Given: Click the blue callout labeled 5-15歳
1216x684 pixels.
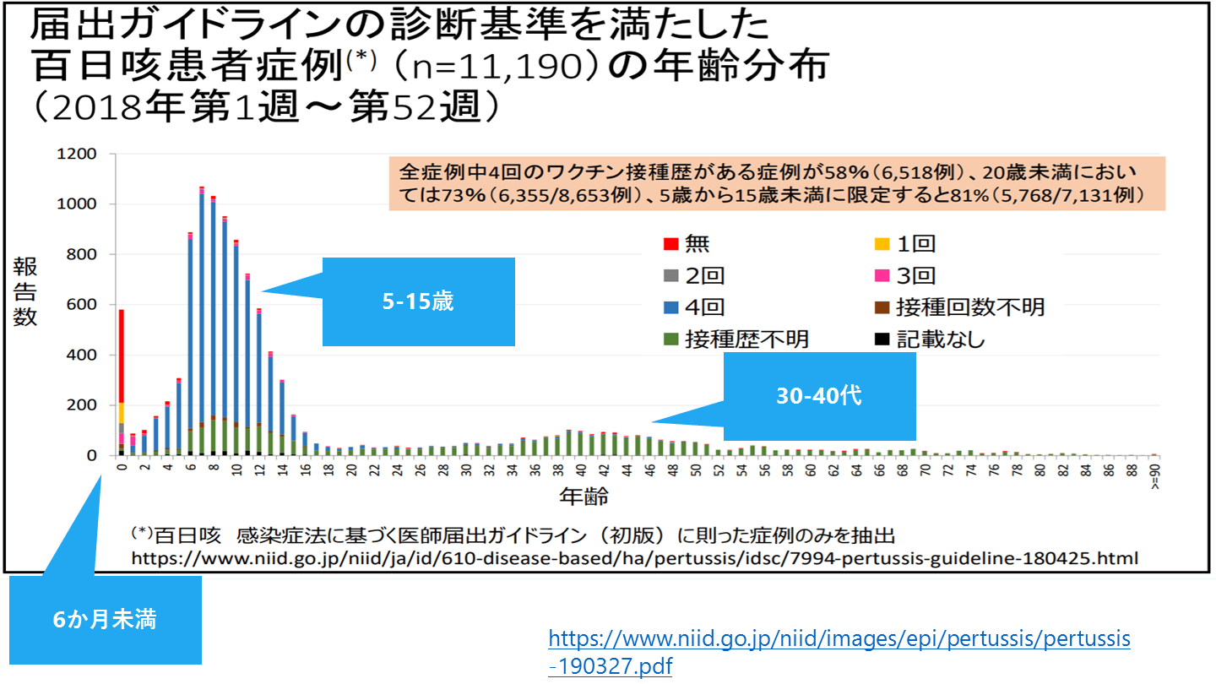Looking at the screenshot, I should (418, 301).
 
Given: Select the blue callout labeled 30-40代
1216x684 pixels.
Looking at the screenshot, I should (819, 396).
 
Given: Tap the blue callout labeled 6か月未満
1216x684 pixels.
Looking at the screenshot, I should (105, 620).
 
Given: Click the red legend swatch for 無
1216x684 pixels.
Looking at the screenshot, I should (670, 245).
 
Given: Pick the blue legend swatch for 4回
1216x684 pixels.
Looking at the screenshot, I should (670, 307).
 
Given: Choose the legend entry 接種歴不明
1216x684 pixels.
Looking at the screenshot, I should (746, 339).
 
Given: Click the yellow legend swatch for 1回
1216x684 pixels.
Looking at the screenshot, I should (882, 245).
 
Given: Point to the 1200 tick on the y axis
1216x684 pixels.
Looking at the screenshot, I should (76, 155).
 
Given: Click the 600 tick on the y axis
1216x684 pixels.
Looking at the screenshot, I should (81, 305).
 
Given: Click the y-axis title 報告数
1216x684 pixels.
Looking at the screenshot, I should (24, 292).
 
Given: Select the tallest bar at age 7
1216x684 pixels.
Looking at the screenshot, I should (201, 321).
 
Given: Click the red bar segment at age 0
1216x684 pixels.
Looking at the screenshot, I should (122, 355).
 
